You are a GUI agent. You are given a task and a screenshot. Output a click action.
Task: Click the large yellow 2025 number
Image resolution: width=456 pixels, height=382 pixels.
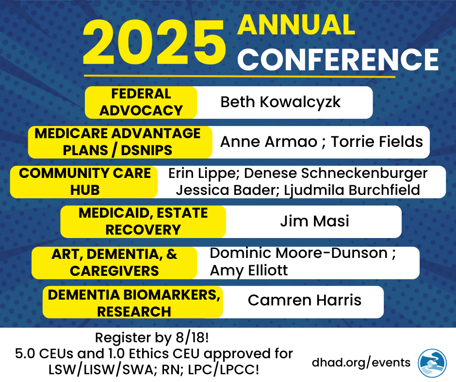pyautogui.click(x=154, y=43)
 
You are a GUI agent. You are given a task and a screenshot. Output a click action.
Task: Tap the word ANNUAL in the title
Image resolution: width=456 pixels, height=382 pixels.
pyautogui.click(x=296, y=25)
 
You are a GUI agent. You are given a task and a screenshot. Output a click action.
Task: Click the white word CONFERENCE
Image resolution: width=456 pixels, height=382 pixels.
pyautogui.click(x=338, y=60)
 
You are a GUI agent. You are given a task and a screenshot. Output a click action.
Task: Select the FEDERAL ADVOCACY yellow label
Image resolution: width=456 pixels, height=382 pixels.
pyautogui.click(x=141, y=102)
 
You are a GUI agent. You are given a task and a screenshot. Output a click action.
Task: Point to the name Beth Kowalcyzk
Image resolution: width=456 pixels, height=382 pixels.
pyautogui.click(x=280, y=102)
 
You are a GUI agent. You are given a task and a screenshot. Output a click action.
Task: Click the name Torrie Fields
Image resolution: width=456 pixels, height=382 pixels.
pyautogui.click(x=377, y=142)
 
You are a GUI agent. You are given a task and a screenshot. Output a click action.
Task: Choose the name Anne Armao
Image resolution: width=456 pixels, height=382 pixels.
pyautogui.click(x=269, y=142)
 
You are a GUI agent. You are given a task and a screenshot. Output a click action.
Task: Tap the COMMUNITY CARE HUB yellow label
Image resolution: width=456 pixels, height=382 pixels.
pyautogui.click(x=84, y=182)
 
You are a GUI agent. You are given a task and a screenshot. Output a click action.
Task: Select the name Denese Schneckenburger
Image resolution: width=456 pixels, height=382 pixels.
pyautogui.click(x=336, y=174)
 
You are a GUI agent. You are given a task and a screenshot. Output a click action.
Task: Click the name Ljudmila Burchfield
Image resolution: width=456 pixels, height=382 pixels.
pyautogui.click(x=352, y=191)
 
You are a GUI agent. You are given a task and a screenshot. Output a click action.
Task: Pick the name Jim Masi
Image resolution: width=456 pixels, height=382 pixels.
pyautogui.click(x=314, y=221)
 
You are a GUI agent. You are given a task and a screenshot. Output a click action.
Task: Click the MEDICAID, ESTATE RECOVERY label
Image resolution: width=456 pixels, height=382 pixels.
pyautogui.click(x=143, y=222)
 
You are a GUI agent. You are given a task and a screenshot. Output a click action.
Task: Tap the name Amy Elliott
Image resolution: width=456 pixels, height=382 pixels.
pyautogui.click(x=249, y=271)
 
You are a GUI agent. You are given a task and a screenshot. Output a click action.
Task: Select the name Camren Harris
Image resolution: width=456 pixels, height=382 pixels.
pyautogui.click(x=305, y=300)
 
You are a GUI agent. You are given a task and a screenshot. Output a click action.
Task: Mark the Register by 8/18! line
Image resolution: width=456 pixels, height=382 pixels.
pyautogui.click(x=152, y=338)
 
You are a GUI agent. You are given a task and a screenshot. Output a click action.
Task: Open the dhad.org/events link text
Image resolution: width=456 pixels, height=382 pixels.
pyautogui.click(x=361, y=363)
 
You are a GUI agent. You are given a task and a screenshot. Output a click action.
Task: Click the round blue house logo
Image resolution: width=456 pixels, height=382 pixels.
pyautogui.click(x=432, y=363)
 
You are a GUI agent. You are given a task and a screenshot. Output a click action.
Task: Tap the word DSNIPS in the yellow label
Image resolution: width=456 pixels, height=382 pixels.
pyautogui.click(x=147, y=151)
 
